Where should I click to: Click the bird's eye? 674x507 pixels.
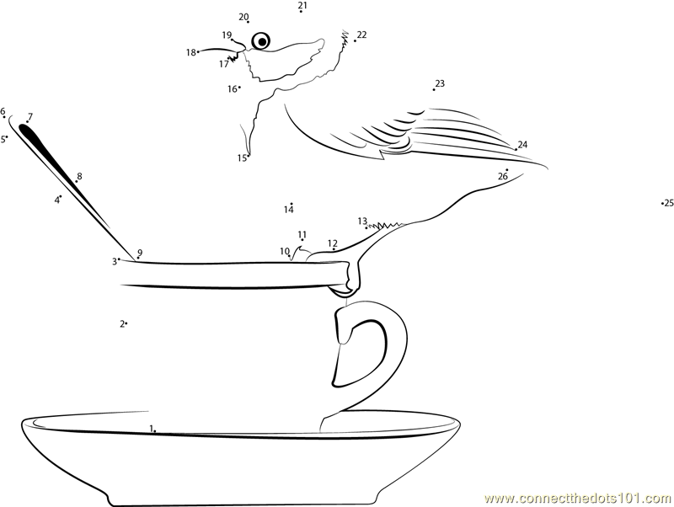coord(261,41)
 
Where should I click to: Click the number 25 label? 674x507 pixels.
coord(669,203)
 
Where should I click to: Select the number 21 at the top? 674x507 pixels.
coord(302,5)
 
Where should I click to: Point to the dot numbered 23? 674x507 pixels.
coord(434,89)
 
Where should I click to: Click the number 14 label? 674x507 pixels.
coord(288,210)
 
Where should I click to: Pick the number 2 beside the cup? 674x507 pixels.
coord(121,324)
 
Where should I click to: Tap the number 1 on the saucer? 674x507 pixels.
coord(152,428)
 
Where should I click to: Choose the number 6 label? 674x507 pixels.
coord(3,112)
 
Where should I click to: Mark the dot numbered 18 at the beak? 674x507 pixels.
coord(198,51)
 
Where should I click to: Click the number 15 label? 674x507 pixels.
coord(242,158)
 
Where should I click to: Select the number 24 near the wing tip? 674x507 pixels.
coord(522,144)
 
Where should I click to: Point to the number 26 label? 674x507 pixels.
coord(502,176)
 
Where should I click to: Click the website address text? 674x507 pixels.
coord(578,499)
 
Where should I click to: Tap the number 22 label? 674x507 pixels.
coord(362,35)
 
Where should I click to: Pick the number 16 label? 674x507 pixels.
coord(233,89)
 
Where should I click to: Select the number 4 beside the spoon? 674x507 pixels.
coord(56,200)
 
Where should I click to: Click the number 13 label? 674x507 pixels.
coord(362,221)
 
